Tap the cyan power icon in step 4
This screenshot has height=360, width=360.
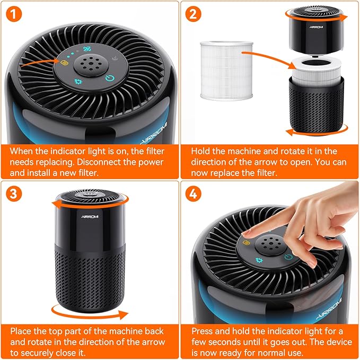[x=287, y=257]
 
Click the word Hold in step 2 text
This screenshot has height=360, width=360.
[x=201, y=151]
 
